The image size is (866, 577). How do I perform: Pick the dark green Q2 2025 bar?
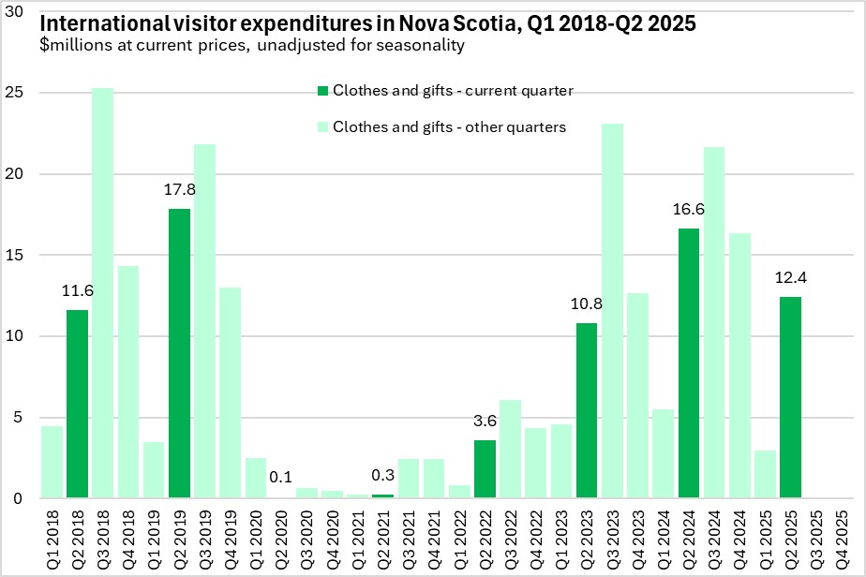(x=791, y=397)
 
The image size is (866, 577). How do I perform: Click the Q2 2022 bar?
(x=485, y=468)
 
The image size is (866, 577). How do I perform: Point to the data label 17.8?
(x=179, y=191)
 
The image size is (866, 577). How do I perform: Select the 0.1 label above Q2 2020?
(x=281, y=477)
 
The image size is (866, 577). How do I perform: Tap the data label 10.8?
(x=588, y=304)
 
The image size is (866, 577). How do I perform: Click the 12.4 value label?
(x=791, y=278)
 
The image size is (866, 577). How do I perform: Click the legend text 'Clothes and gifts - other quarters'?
(x=449, y=126)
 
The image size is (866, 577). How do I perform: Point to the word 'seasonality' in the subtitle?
(x=420, y=44)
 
